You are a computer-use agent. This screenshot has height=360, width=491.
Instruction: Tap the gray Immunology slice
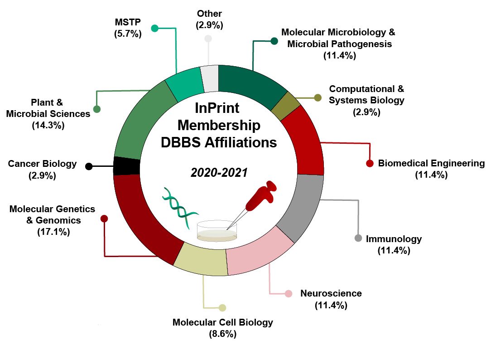pos(302,207)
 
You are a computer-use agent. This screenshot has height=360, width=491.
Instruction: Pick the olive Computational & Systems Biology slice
pos(285,106)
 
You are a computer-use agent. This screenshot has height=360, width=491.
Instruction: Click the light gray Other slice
pos(210,78)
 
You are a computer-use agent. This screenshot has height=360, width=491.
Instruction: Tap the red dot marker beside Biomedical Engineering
pos(370,163)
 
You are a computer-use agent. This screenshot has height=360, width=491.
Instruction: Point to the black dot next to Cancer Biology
pos(89,166)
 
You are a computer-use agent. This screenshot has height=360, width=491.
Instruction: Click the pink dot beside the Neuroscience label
pos(288,293)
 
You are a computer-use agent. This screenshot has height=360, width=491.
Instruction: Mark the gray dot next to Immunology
pos(358,238)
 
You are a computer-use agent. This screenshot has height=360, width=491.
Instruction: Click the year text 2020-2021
pos(219,173)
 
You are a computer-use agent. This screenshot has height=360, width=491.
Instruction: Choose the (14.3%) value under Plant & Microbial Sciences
pos(48,125)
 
